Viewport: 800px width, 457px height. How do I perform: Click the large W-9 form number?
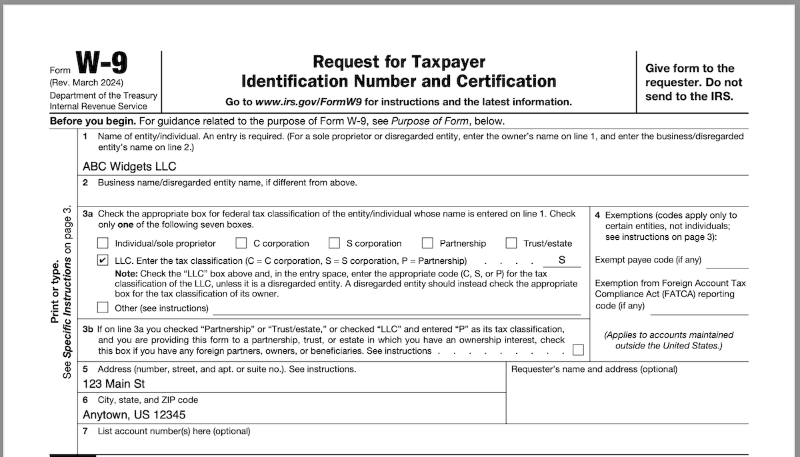coord(102,64)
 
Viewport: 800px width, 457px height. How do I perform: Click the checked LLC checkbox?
coord(103,260)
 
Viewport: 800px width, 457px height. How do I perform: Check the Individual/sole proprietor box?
coord(103,243)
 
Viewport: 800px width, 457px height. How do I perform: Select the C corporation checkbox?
coord(241,243)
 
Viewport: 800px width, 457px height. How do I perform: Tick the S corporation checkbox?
coord(335,243)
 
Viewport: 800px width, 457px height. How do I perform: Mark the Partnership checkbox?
coord(427,243)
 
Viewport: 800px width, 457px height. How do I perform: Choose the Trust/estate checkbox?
coord(511,243)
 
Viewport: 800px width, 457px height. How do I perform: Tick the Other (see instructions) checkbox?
coord(103,308)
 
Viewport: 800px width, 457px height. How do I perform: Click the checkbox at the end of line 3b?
coord(578,350)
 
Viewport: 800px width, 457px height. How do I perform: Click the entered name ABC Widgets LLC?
coord(129,167)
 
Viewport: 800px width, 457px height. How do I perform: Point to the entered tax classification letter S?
coord(561,260)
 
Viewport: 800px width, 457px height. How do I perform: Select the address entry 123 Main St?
coord(113,384)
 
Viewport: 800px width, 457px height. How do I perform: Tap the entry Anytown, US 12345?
coord(134,414)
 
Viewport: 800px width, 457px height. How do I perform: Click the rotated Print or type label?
coord(56,293)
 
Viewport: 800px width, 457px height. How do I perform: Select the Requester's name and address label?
coord(594,369)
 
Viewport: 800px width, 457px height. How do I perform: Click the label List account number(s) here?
coord(174,431)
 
